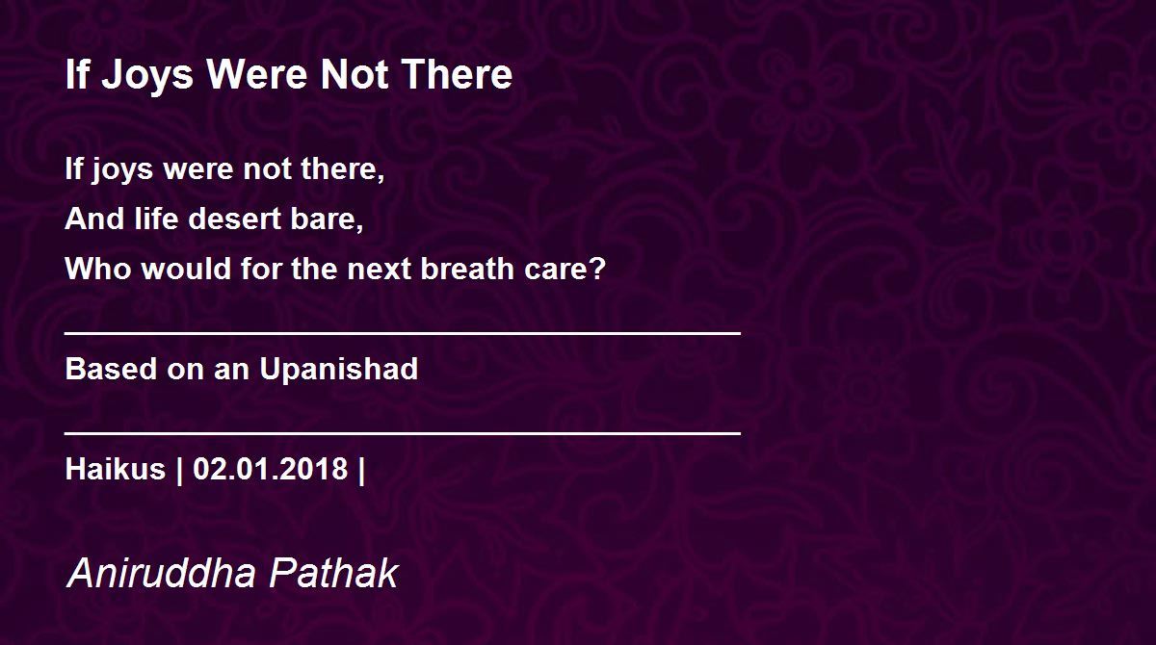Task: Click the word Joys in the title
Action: coord(147,76)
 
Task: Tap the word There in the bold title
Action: coord(457,75)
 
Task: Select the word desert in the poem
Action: coord(235,219)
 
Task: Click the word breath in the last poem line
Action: coord(467,269)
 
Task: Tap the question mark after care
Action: coord(597,269)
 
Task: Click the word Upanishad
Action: coord(338,370)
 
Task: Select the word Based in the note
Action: coord(111,369)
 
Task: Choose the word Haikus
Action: coord(116,469)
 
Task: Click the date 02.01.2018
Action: coord(271,469)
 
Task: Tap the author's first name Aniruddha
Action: coord(162,573)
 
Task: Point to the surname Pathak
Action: coord(334,573)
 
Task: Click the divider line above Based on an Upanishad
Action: coord(403,334)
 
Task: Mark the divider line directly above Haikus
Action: coord(403,433)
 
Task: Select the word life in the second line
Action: coord(156,219)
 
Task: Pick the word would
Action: coord(186,269)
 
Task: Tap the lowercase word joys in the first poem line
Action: coord(122,170)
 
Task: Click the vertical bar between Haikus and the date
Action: coord(179,470)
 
